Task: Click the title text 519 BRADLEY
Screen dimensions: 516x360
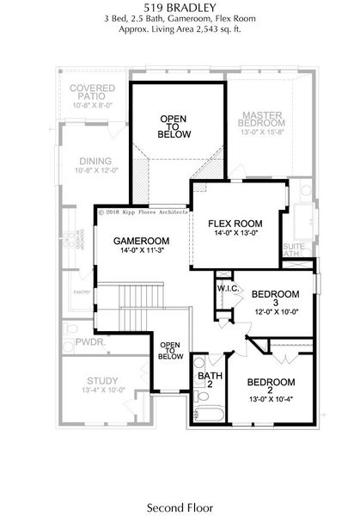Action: coord(180,8)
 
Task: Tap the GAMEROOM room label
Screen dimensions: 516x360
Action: coord(142,241)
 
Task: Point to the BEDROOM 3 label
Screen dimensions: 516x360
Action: coord(275,298)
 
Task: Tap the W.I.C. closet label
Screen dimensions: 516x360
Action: coord(228,288)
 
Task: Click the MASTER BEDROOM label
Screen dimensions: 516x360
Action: coord(269,120)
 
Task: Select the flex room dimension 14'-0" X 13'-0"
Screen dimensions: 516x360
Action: coord(234,232)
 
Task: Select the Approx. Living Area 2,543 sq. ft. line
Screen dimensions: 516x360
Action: coord(180,28)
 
